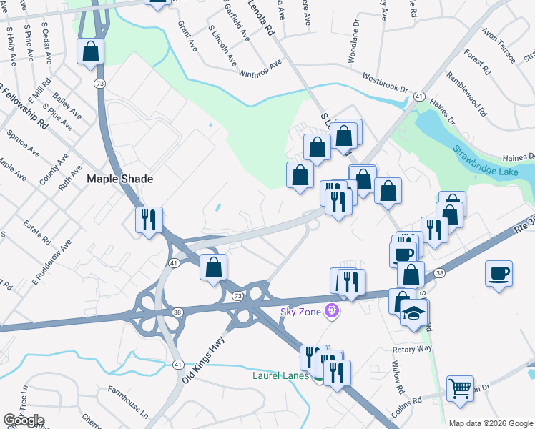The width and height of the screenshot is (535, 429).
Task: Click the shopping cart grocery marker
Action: (x=460, y=389)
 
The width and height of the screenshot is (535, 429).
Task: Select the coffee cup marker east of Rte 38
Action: (x=499, y=273)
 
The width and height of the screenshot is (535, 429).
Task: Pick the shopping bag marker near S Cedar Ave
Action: (x=91, y=51)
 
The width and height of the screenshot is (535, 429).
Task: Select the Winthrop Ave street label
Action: (x=260, y=69)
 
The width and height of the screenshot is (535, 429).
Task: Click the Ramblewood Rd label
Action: (x=466, y=94)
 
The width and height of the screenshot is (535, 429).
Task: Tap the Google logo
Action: (x=24, y=420)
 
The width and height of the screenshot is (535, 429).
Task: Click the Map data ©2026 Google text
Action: (x=490, y=423)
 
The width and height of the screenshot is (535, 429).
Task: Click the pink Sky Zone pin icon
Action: (x=330, y=310)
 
